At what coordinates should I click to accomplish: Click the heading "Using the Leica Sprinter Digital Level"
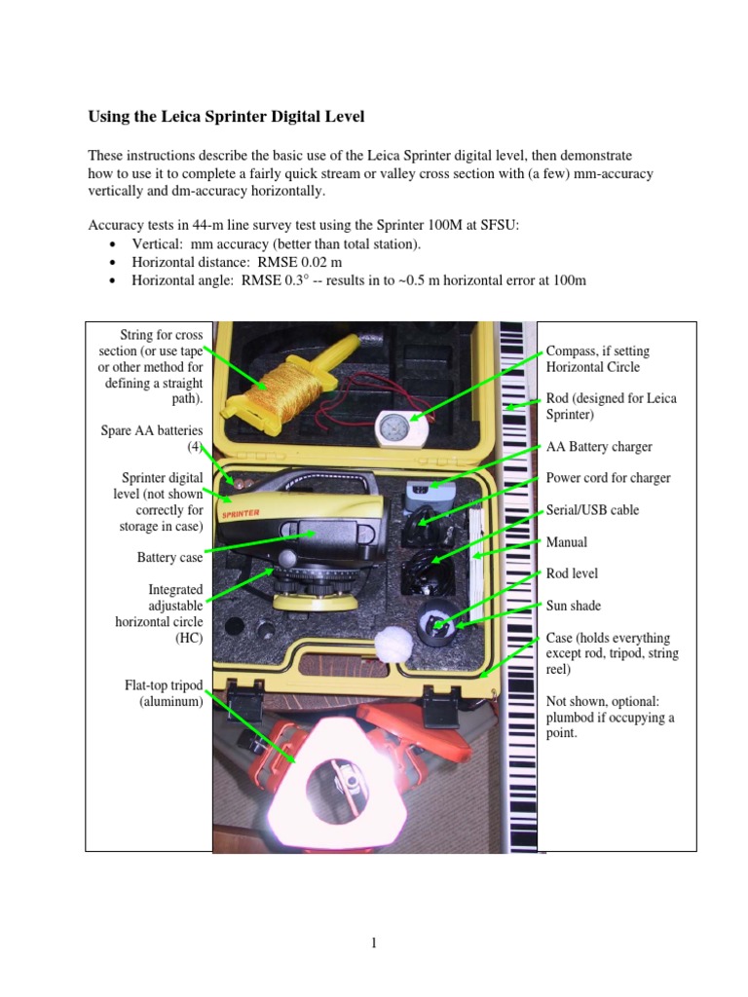coord(226,117)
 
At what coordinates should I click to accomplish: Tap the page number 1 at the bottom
coord(374,942)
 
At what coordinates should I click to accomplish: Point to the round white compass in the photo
coord(402,428)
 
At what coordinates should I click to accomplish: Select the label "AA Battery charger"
coord(599,446)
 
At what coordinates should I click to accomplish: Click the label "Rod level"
coord(572,572)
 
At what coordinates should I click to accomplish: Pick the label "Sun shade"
coord(573,606)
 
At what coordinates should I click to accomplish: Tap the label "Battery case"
coord(169,557)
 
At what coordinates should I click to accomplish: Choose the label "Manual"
coord(566,541)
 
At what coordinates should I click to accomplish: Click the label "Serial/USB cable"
coord(592,509)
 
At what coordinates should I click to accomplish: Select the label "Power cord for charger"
coord(608,477)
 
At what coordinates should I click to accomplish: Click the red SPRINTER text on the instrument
coord(241,513)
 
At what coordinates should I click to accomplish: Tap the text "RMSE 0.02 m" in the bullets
coord(300,262)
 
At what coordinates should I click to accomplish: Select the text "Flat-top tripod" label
coord(164,684)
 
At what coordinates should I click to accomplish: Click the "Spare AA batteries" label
coord(151,430)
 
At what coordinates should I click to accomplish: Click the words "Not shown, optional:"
coord(602,701)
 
